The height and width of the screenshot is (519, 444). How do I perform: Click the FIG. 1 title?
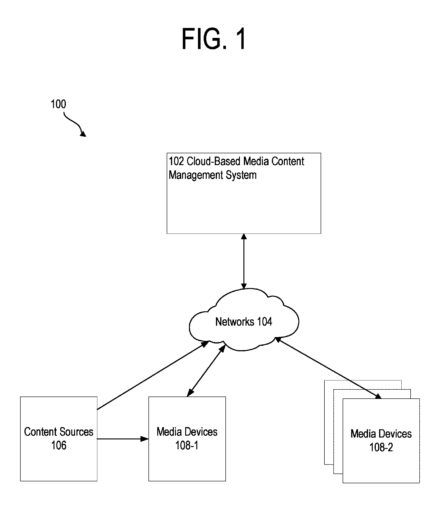click(214, 39)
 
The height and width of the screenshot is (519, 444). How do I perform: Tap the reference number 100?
click(58, 104)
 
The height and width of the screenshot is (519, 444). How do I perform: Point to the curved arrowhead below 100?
click(83, 134)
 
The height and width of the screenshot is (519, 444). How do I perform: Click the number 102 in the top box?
click(177, 161)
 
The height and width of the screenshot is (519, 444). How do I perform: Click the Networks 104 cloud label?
click(244, 322)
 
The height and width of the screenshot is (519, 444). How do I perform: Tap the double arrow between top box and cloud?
click(244, 261)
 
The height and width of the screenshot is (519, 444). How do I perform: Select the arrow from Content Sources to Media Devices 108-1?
click(123, 439)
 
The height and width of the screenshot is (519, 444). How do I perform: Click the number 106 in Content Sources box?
click(58, 446)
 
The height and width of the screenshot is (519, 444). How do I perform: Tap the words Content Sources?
click(58, 432)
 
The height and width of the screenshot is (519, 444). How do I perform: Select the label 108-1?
click(187, 446)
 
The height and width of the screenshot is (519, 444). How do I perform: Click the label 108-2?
click(381, 447)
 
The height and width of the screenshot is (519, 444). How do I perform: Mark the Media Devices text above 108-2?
click(381, 434)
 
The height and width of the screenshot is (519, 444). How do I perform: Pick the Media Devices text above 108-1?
click(187, 432)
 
